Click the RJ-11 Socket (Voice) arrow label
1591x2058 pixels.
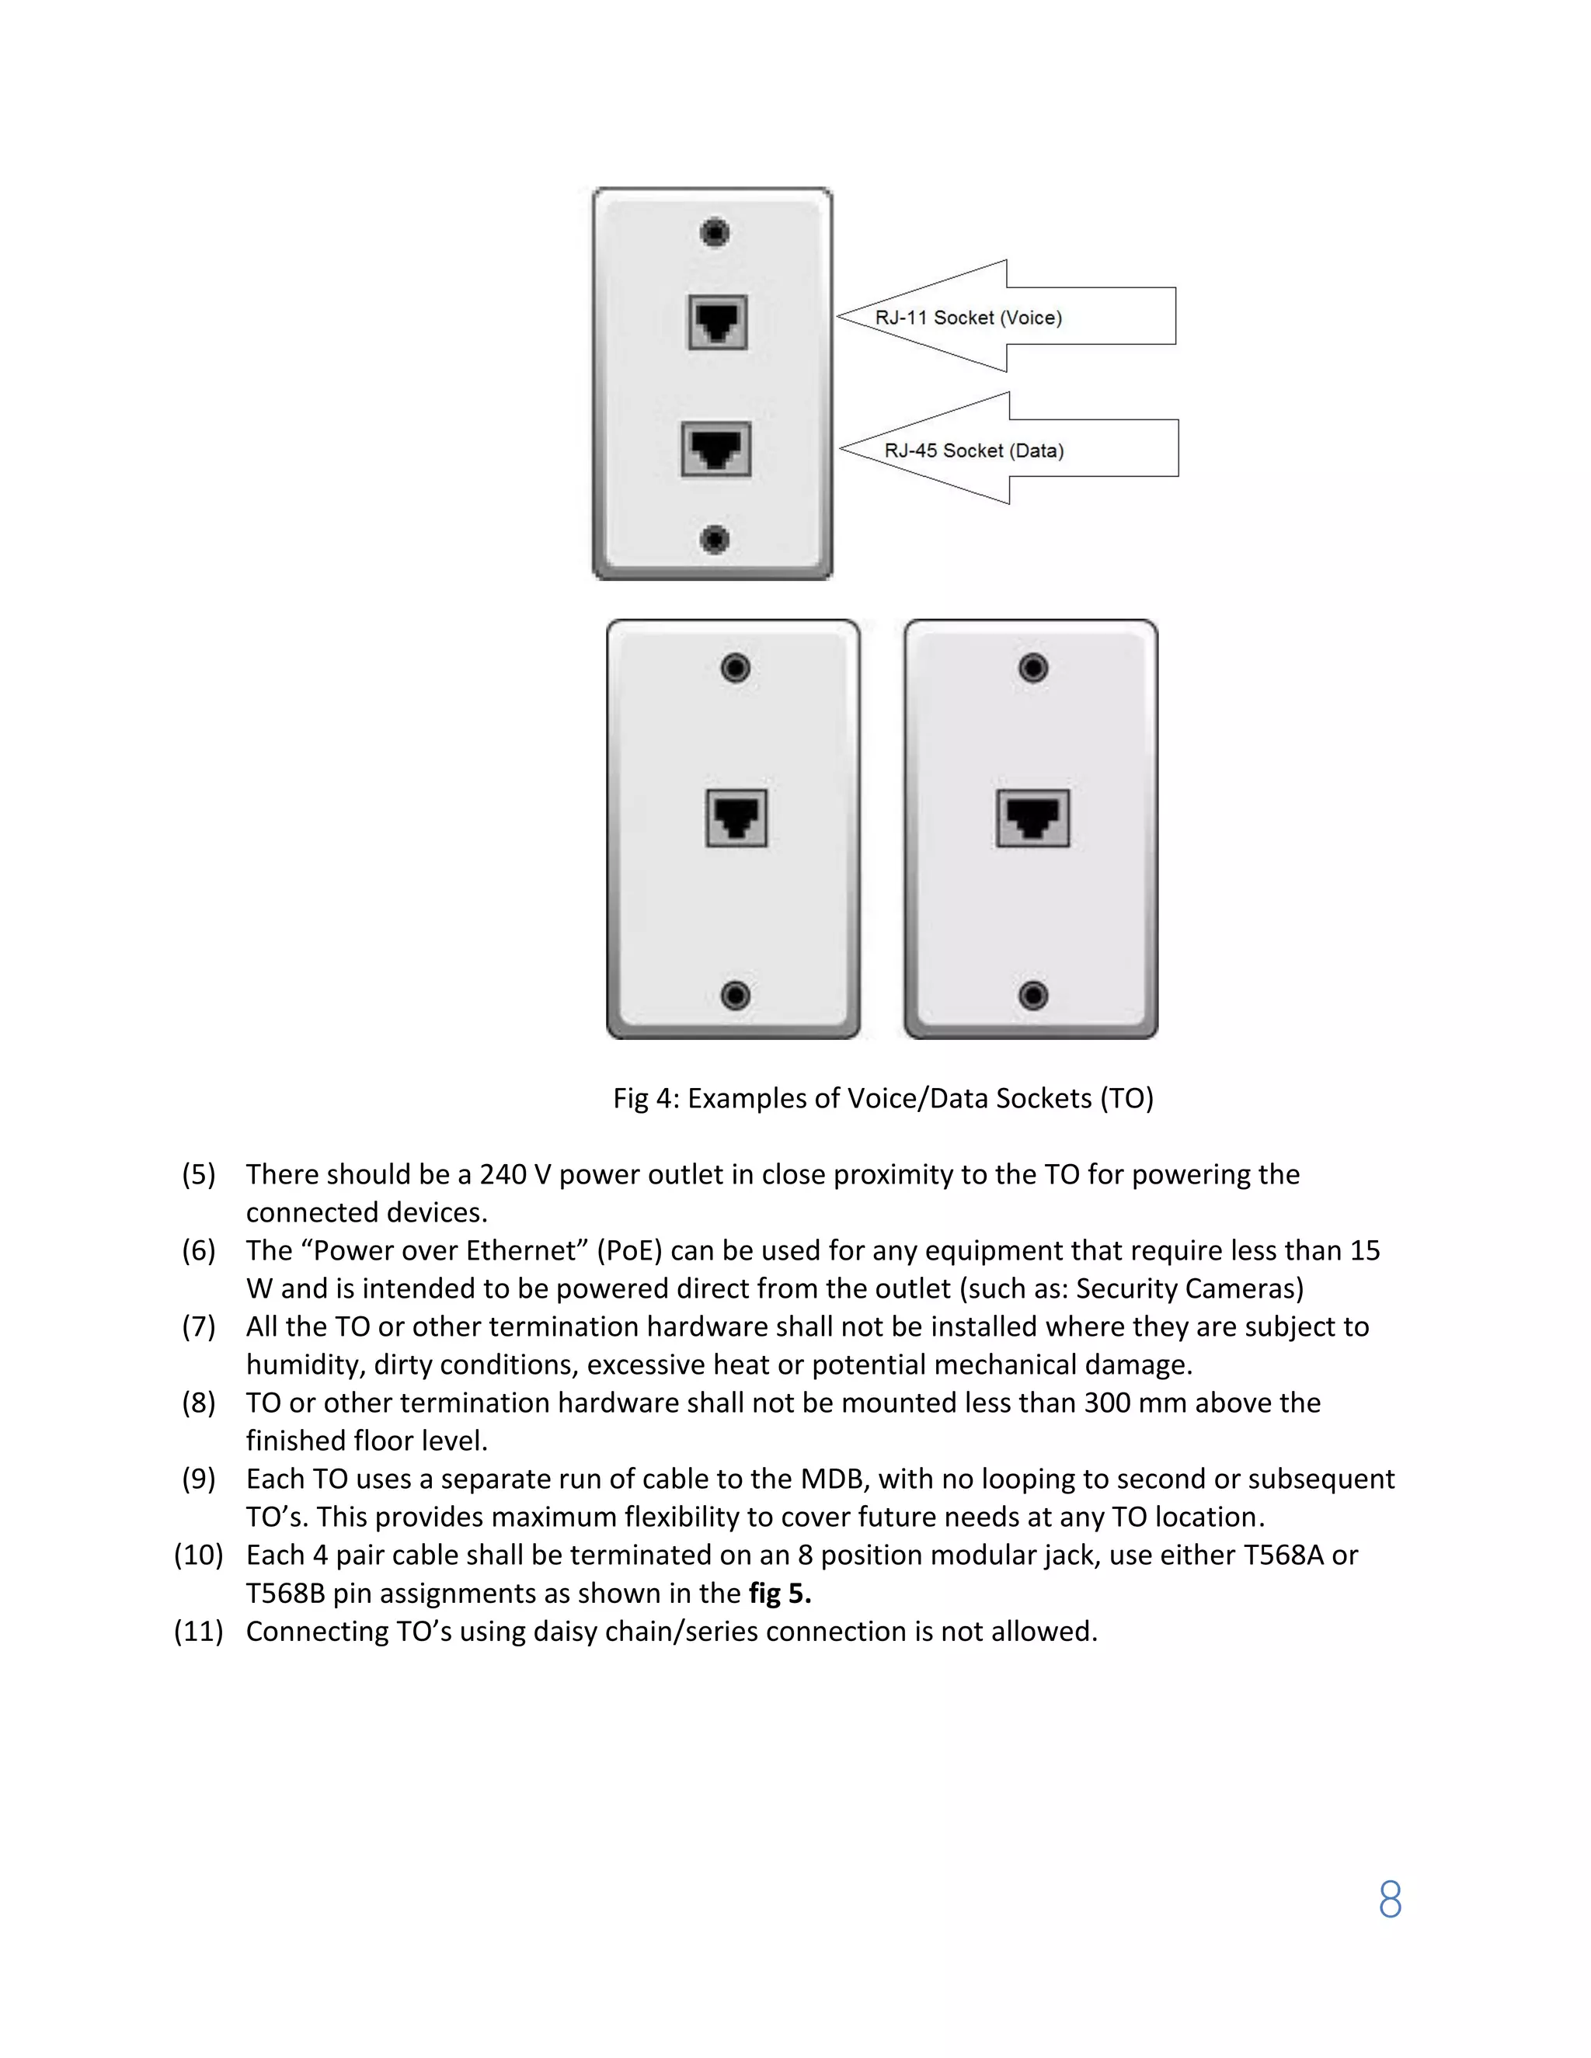pos(969,318)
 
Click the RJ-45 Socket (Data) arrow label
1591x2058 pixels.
pos(973,450)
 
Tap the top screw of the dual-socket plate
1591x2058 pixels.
pos(715,231)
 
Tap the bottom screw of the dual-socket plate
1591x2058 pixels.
pos(715,539)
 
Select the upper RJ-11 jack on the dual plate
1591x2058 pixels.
pos(717,322)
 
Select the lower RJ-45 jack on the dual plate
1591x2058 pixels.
pos(716,450)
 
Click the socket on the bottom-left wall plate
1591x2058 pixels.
pos(736,818)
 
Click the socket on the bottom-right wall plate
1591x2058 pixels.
pos(1033,818)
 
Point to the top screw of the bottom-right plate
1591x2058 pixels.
pos(1033,668)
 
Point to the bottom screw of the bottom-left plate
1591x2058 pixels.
pos(735,995)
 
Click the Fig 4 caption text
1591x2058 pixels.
pos(883,1098)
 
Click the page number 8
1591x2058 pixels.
pos(1389,1900)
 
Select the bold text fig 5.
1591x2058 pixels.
pos(779,1594)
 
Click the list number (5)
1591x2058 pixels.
pos(199,1174)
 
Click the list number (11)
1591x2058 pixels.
pos(199,1631)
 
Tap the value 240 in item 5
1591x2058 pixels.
pos(503,1174)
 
